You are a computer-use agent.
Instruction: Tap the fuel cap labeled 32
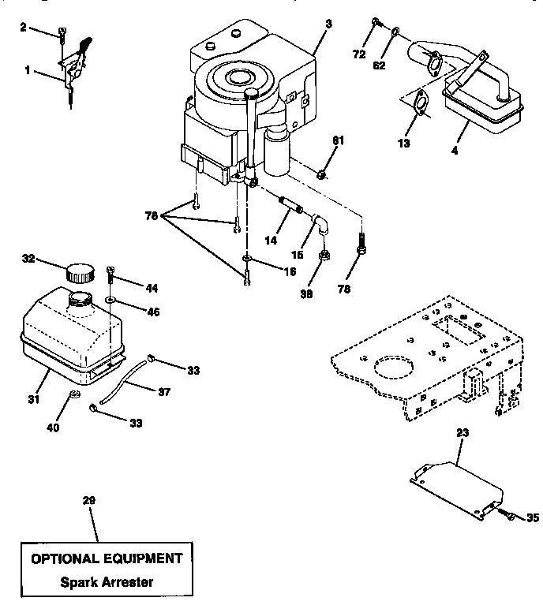[x=79, y=273]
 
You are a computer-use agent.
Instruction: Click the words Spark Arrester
[x=107, y=583]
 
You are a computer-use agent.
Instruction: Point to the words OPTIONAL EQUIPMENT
[x=107, y=558]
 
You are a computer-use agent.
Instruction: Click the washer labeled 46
[x=110, y=301]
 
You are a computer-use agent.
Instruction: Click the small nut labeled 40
[x=75, y=394]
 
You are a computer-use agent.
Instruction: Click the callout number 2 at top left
[x=22, y=28]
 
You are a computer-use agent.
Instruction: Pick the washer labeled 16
[x=247, y=260]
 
